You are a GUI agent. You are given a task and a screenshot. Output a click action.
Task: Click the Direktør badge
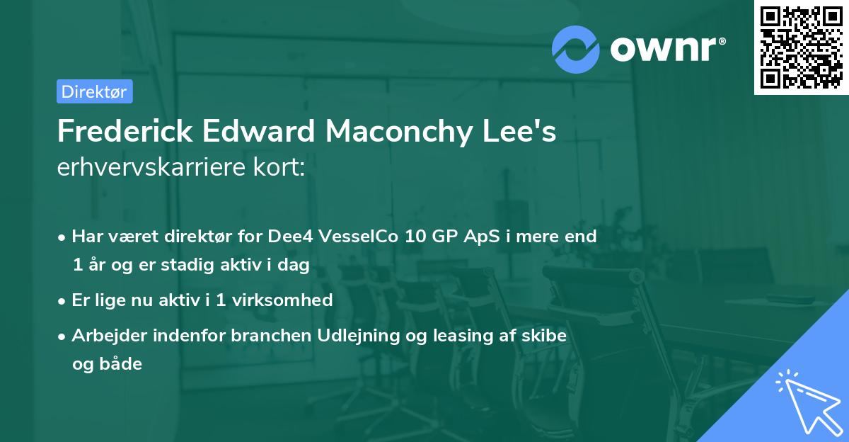(x=94, y=91)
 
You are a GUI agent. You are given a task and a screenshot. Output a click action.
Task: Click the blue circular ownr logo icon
(x=575, y=49)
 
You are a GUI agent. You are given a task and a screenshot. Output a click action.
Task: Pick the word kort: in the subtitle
(x=282, y=168)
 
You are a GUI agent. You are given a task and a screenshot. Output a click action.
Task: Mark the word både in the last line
(x=107, y=364)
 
